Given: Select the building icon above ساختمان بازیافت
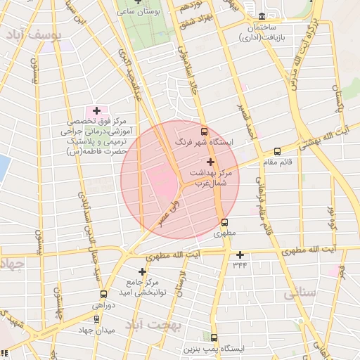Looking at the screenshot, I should point(262,15).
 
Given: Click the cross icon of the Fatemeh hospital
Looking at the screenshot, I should point(96,110).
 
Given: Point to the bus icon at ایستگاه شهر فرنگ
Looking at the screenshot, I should point(205,131).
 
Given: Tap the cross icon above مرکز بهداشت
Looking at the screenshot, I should point(211,162).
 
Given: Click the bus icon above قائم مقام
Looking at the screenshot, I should point(277,151).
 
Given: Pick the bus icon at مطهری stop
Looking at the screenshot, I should point(224,223).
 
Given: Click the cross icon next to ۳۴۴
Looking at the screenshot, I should point(240,255).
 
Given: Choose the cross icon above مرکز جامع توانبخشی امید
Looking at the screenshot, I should point(143,271).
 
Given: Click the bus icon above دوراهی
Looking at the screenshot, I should point(104,295).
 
